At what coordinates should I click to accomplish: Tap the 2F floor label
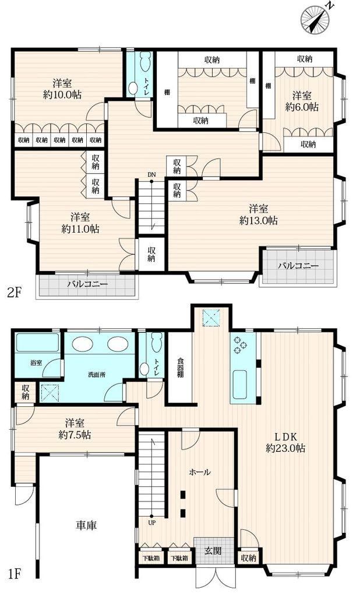click(x=14, y=293)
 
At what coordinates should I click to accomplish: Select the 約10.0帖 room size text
click(x=62, y=94)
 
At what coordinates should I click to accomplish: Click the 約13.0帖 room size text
click(x=259, y=220)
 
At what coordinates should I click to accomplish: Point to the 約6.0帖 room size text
click(x=302, y=107)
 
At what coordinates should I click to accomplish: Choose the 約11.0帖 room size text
click(x=80, y=229)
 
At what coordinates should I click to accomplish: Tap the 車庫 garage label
click(x=86, y=525)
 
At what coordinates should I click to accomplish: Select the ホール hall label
click(x=200, y=472)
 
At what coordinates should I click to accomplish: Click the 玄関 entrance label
click(x=213, y=550)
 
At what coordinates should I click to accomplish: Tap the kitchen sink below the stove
click(x=240, y=384)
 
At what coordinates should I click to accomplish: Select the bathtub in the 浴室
click(x=37, y=343)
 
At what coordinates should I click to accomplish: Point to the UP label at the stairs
click(x=151, y=523)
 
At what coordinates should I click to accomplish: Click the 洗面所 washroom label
click(x=97, y=375)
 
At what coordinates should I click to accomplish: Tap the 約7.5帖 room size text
click(x=75, y=434)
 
